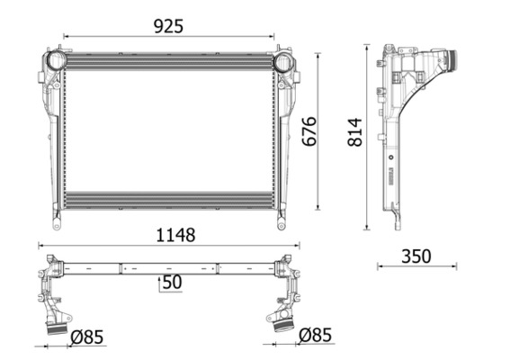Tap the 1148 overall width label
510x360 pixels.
coord(170,235)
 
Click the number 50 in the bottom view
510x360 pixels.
coord(173,283)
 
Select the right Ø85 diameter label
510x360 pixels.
coord(315,336)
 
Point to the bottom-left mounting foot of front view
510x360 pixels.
coord(56,219)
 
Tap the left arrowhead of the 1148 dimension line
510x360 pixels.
coord(40,246)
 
